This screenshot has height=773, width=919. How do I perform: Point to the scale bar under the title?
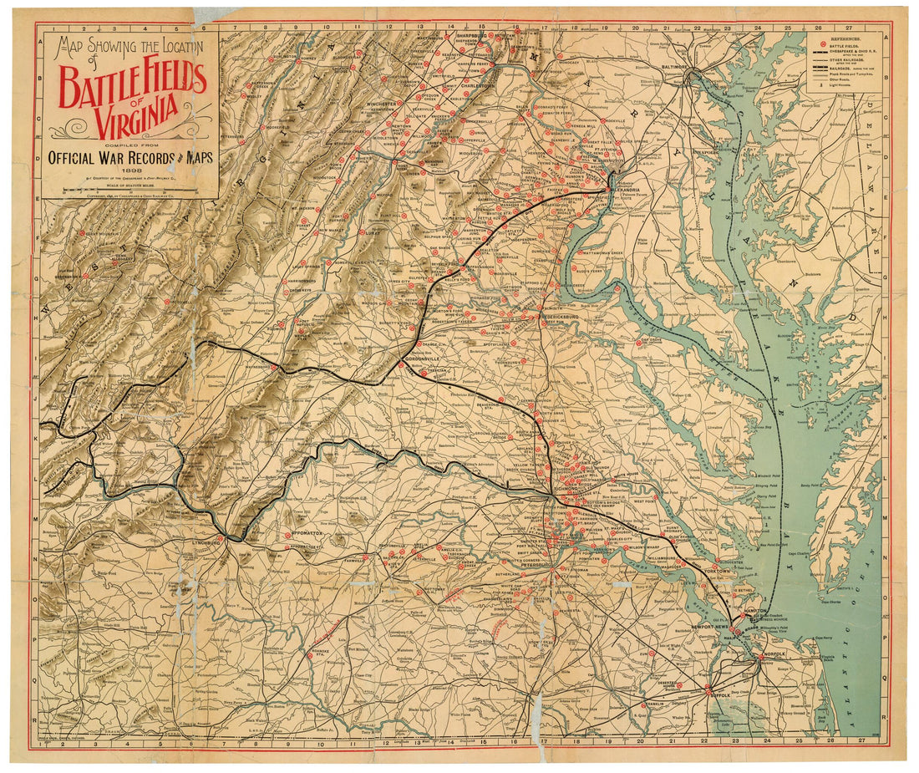tap(129, 191)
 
